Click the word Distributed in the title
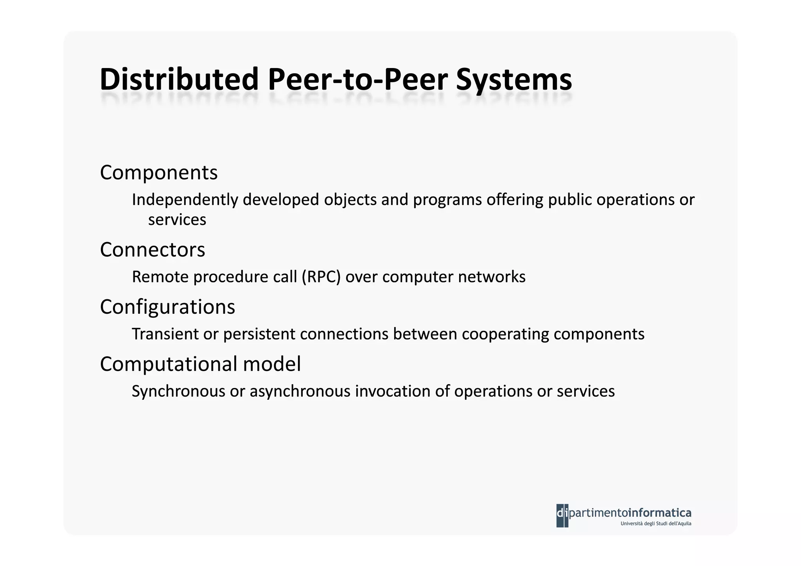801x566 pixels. point(179,79)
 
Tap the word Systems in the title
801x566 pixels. point(514,80)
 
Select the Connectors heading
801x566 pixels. point(152,250)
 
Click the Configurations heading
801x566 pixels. point(167,307)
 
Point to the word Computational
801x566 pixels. point(169,364)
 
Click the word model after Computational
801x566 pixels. point(272,364)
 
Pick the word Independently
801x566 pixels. point(185,200)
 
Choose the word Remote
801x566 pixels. point(160,277)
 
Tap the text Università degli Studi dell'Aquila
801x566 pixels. point(656,524)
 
